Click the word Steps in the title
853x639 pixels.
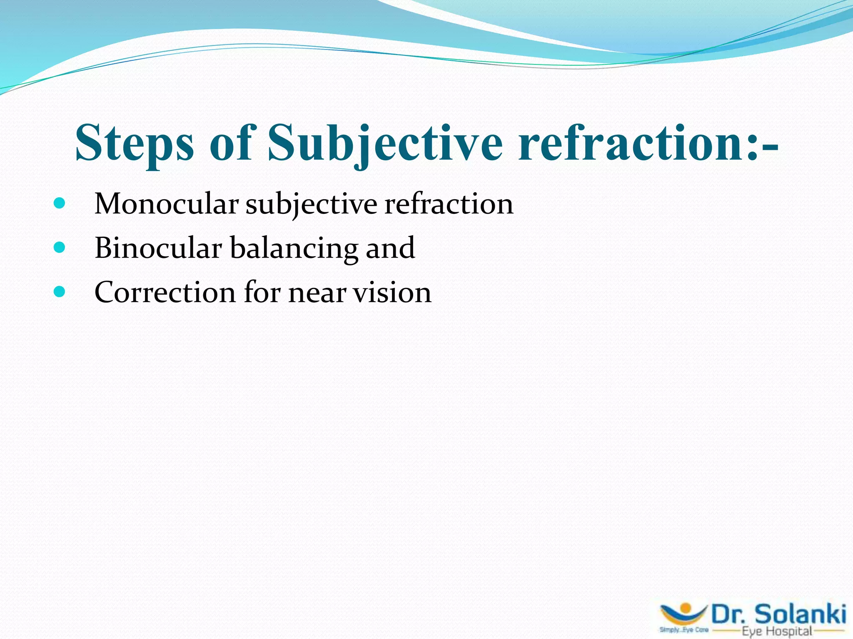(x=134, y=144)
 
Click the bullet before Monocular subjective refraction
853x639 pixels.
(x=60, y=203)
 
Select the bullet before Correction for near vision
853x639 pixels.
(x=60, y=292)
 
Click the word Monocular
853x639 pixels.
(x=166, y=204)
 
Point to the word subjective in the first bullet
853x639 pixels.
(x=311, y=205)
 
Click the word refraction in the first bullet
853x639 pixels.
(x=449, y=204)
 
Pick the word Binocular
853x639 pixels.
(x=158, y=248)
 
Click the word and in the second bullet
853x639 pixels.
(x=390, y=248)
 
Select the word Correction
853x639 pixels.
(x=165, y=292)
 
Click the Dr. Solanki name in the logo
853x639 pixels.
(x=778, y=614)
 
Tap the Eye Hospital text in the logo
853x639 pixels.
(x=777, y=631)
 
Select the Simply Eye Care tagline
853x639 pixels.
(x=683, y=630)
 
